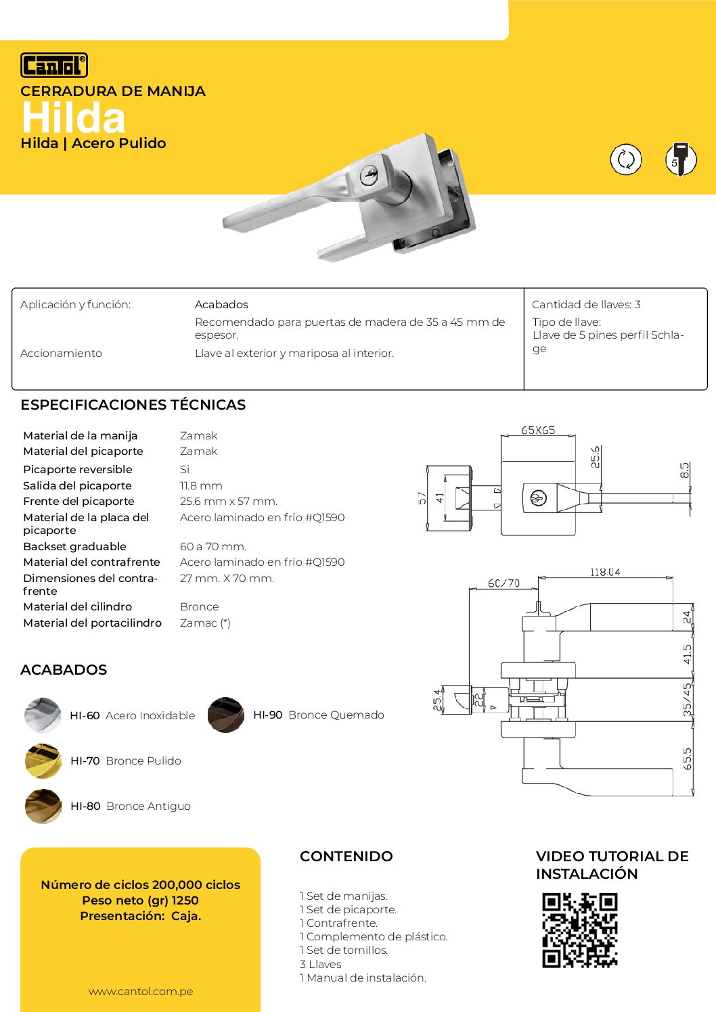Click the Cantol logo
click(54, 66)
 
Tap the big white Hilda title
click(73, 118)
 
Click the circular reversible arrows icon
click(625, 160)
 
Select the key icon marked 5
click(680, 160)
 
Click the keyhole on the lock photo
click(370, 175)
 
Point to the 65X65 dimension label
click(538, 430)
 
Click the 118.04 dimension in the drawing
click(605, 572)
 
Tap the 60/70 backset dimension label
click(504, 583)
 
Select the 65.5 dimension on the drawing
click(688, 758)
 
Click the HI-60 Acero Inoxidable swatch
click(43, 715)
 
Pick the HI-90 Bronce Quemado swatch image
click(226, 715)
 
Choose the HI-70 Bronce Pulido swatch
click(43, 761)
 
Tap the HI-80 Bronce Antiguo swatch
click(43, 806)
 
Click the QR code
click(580, 930)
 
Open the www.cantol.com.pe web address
click(141, 991)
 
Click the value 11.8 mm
click(201, 485)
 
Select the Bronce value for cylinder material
click(200, 606)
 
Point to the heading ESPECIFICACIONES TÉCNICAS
click(133, 405)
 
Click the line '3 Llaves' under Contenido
click(321, 964)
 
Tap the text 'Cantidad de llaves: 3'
click(586, 304)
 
